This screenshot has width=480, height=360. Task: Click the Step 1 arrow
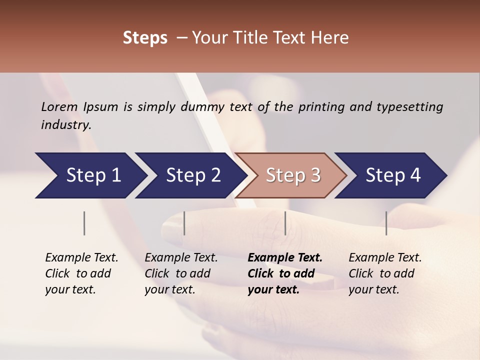point(90,175)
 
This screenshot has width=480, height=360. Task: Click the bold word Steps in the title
point(145,38)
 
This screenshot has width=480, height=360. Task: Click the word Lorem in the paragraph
point(59,107)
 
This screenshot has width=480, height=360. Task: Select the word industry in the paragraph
point(65,125)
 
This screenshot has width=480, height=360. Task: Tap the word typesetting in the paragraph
point(409,107)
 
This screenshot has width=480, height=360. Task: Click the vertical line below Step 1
point(84,223)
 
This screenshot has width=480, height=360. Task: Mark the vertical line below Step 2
point(184,223)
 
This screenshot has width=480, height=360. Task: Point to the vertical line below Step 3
point(285,223)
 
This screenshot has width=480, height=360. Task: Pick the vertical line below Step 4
point(386,223)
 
